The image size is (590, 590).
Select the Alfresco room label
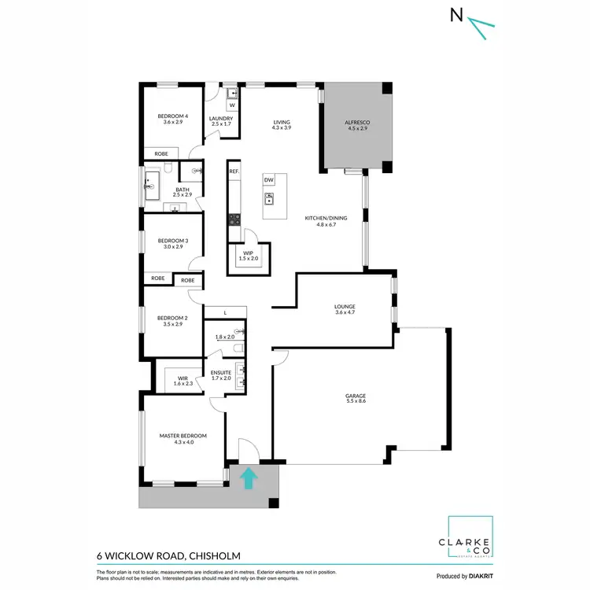click(x=356, y=123)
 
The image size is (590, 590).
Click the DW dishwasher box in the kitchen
click(x=269, y=180)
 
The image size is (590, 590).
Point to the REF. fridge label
click(x=234, y=171)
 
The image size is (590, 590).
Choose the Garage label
click(x=356, y=397)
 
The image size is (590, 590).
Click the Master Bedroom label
click(x=183, y=436)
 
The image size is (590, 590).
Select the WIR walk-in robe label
click(x=183, y=378)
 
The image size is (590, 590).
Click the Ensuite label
click(x=221, y=373)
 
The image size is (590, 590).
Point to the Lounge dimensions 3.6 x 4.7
click(x=345, y=313)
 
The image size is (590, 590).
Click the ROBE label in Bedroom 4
click(x=160, y=154)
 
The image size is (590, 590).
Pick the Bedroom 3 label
click(x=173, y=241)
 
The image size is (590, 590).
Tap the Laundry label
click(x=221, y=119)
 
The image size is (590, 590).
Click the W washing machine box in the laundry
click(x=232, y=105)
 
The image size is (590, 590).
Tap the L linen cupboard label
click(x=225, y=313)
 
